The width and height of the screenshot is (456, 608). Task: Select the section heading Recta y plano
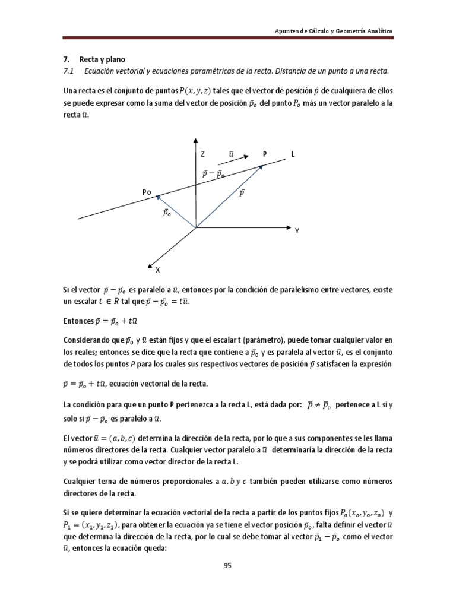point(103,59)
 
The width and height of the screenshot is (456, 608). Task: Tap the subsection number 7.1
point(67,71)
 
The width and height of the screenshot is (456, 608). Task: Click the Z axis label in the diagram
point(202,154)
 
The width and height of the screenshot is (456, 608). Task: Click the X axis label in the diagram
point(157,270)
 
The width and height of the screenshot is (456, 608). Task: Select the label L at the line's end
point(292,154)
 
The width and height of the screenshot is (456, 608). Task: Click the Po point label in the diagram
point(147,192)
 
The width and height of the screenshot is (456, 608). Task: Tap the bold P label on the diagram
point(265,154)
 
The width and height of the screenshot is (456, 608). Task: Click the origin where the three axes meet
point(195,227)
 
